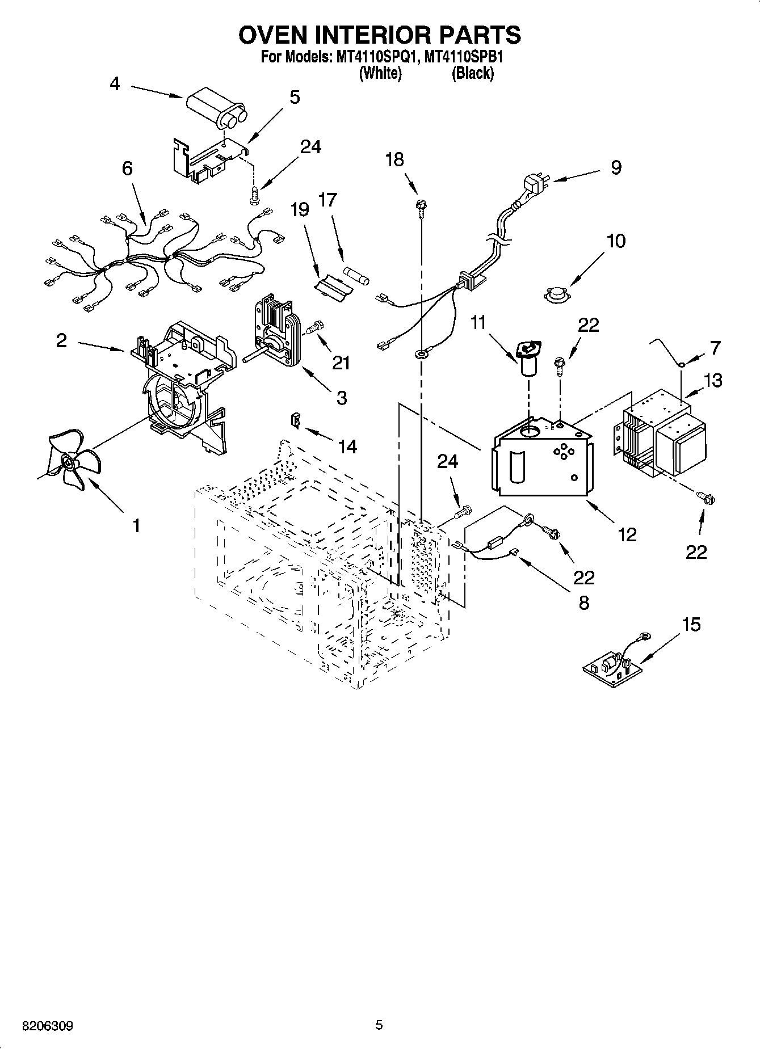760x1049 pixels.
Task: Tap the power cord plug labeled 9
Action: (x=534, y=185)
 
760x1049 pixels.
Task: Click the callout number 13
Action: (x=712, y=380)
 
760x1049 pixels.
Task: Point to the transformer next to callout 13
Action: (x=661, y=431)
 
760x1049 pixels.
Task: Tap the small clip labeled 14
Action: (x=296, y=422)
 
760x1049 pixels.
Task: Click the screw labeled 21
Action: (x=314, y=327)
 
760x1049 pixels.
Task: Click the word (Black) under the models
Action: (x=472, y=74)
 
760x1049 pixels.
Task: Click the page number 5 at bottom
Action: (x=379, y=1025)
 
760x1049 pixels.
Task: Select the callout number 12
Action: (x=627, y=534)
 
